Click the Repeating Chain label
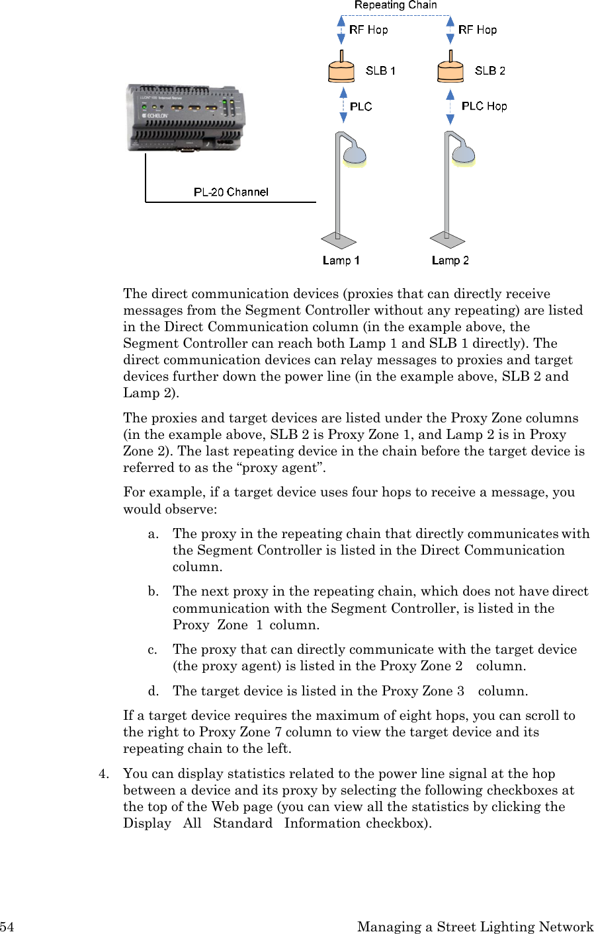[x=396, y=5]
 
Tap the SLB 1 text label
[x=380, y=71]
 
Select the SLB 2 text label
[x=489, y=71]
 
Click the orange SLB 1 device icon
[x=341, y=69]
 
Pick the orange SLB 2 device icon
[x=450, y=69]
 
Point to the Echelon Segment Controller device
[x=185, y=118]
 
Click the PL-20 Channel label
[x=231, y=192]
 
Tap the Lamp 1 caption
[x=341, y=260]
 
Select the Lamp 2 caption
[x=450, y=260]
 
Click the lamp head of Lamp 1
[x=354, y=155]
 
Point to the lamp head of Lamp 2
[x=463, y=155]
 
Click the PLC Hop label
[x=484, y=106]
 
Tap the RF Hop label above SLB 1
[x=368, y=30]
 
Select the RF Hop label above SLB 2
[x=478, y=30]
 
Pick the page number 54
[x=7, y=927]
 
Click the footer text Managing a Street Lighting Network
[x=475, y=927]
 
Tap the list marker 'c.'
[x=153, y=650]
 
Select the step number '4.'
[x=104, y=774]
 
